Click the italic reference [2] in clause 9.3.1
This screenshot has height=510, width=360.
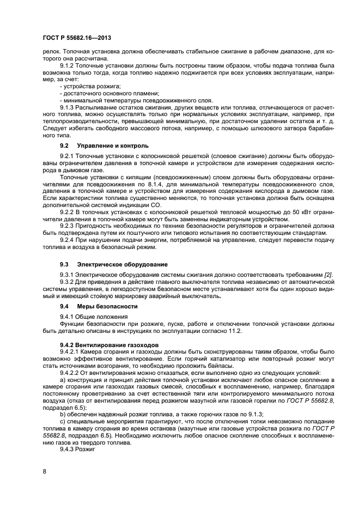tap(328, 274)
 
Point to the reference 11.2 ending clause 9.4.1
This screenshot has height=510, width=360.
tap(234, 331)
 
